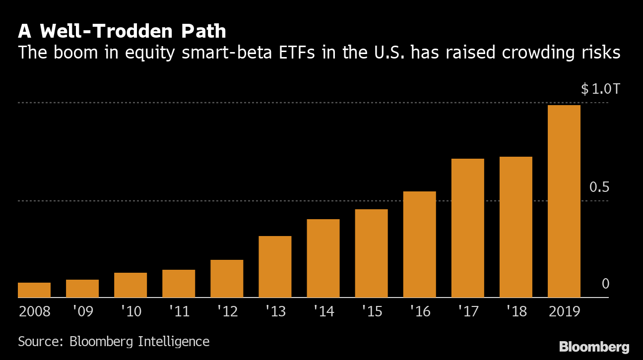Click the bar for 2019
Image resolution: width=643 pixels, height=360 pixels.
(x=564, y=201)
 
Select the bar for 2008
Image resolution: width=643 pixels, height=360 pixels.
(x=34, y=290)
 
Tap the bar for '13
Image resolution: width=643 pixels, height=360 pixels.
(x=275, y=267)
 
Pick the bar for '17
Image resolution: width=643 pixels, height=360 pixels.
(x=467, y=228)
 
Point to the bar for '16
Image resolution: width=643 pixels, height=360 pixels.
(x=419, y=244)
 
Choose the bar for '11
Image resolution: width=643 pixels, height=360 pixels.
(x=179, y=284)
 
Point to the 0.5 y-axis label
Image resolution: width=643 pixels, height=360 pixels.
(x=598, y=187)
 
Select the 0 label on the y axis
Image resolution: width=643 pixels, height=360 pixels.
(x=605, y=284)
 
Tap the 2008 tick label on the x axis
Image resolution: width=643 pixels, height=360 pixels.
(x=34, y=311)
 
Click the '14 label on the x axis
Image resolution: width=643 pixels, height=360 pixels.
(x=323, y=311)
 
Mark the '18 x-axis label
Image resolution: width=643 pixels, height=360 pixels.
(x=516, y=311)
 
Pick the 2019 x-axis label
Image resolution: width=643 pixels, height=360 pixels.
(x=564, y=311)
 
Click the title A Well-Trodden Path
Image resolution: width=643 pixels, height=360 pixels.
(x=122, y=32)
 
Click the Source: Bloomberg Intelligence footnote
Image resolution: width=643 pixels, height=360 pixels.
(x=114, y=342)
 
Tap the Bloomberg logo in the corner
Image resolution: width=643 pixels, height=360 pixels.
(x=594, y=347)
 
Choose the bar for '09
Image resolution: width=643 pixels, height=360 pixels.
(x=82, y=289)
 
